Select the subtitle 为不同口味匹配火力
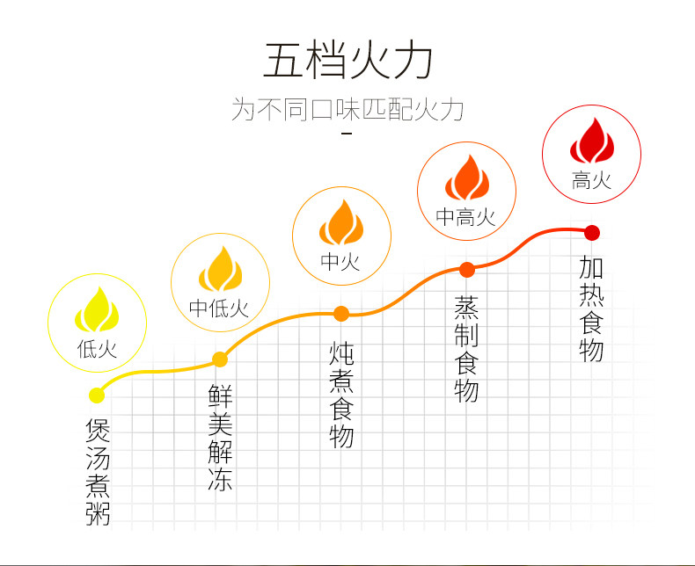(x=347, y=110)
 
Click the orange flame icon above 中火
(x=341, y=222)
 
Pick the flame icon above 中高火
(x=466, y=178)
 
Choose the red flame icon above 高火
(x=591, y=141)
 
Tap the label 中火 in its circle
(x=340, y=262)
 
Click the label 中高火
(x=466, y=216)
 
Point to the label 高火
(x=591, y=181)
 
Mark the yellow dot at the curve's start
(x=96, y=395)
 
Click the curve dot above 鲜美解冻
(x=220, y=359)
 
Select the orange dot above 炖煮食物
(x=341, y=312)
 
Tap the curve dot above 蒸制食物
(x=466, y=269)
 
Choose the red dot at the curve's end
(x=592, y=233)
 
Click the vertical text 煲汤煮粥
(x=98, y=472)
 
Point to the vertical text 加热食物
(x=592, y=309)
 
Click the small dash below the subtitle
(x=346, y=134)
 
